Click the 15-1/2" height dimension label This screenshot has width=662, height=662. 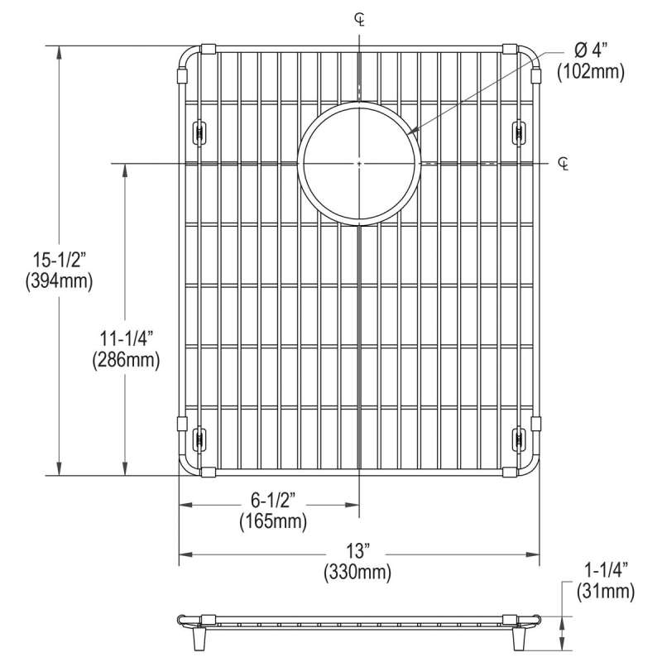point(59,260)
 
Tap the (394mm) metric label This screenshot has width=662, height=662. point(59,281)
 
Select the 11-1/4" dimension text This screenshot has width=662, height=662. point(126,338)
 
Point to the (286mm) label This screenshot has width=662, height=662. point(126,360)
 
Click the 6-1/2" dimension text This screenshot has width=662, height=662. point(273,501)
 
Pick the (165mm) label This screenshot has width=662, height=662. point(273,521)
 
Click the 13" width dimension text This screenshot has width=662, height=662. point(357,550)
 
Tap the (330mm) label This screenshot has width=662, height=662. point(357,572)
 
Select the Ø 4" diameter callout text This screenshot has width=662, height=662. point(591,50)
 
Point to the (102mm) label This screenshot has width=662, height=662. point(591,72)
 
